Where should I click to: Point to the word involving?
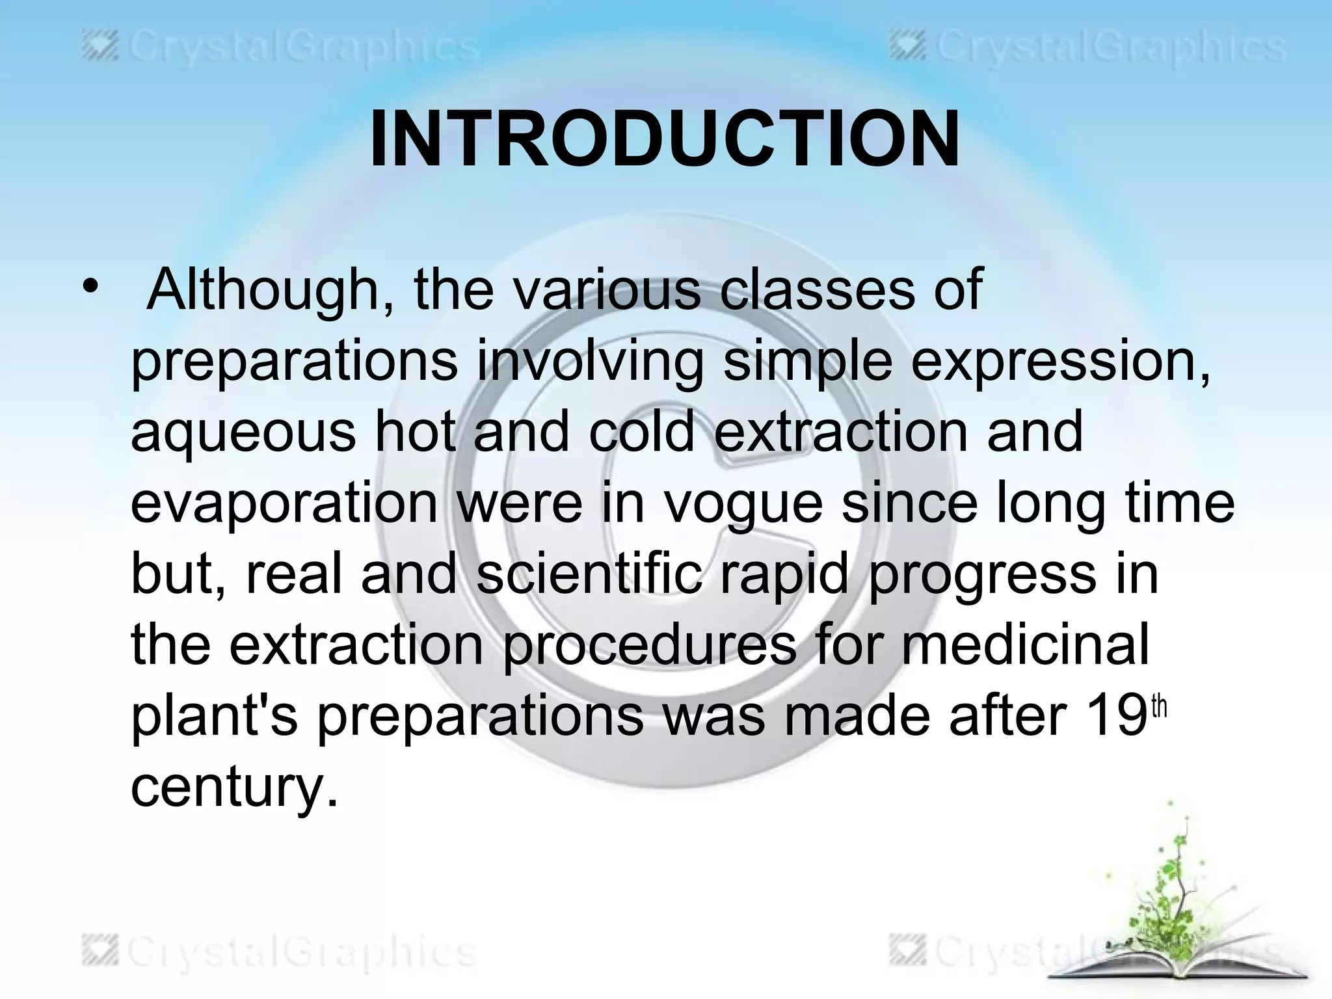(590, 361)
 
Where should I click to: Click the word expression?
(1060, 361)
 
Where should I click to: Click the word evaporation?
(284, 504)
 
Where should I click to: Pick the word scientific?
(589, 574)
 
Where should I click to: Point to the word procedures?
(649, 646)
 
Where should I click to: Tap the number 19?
(1115, 717)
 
